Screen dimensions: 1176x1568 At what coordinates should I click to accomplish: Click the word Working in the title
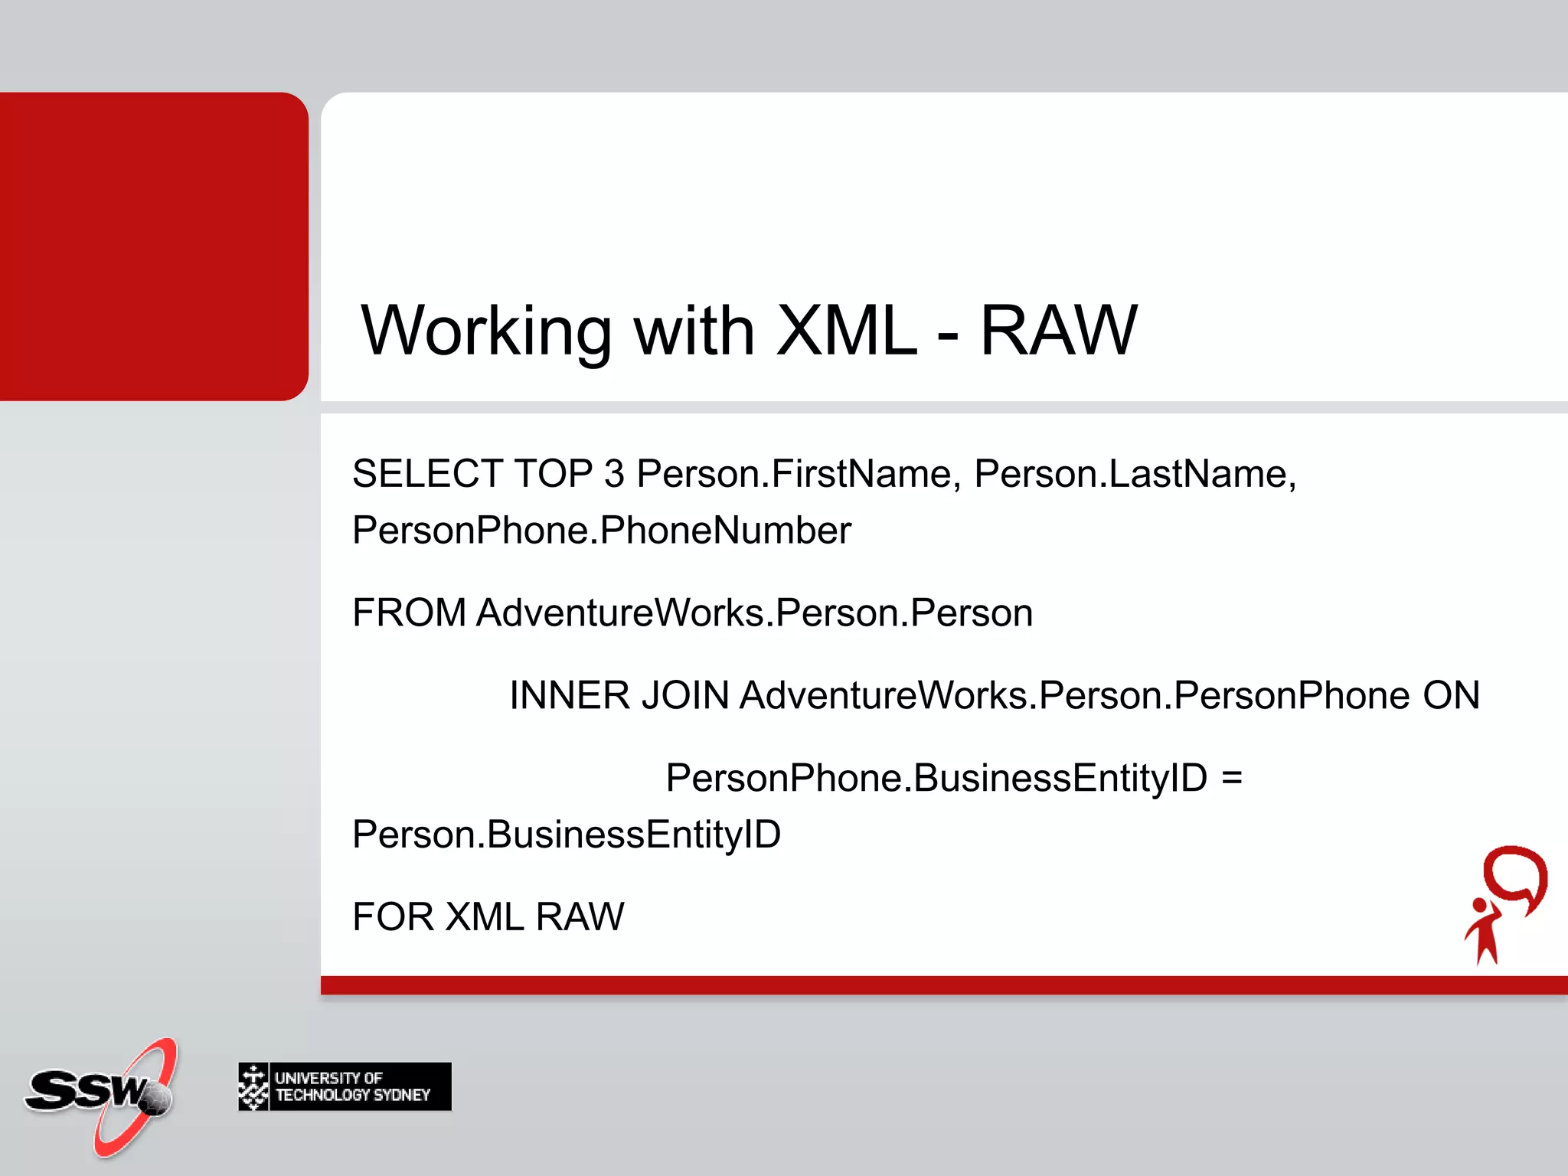click(486, 331)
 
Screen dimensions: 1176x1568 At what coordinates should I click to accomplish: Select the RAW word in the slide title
click(1058, 331)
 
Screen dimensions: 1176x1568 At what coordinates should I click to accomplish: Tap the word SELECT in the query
click(427, 474)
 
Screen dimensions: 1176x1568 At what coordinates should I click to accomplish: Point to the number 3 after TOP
click(614, 474)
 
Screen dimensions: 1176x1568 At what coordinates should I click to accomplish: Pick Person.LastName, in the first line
click(1135, 474)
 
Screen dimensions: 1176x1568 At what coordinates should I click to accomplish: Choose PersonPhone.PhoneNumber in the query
click(601, 531)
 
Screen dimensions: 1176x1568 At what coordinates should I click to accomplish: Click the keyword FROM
click(409, 613)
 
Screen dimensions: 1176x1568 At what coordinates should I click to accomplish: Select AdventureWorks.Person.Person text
click(754, 613)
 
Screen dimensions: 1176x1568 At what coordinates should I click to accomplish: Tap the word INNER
click(570, 696)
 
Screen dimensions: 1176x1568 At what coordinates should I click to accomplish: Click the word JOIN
click(685, 696)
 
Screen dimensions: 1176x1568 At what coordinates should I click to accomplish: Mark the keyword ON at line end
click(1451, 696)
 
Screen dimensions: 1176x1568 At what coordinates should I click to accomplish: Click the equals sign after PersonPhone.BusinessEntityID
click(1232, 778)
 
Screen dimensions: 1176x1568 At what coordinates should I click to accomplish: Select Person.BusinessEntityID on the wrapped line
click(566, 835)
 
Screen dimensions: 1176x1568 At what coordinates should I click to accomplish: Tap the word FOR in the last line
click(393, 917)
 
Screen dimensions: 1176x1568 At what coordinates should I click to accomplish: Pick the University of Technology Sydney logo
click(345, 1086)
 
